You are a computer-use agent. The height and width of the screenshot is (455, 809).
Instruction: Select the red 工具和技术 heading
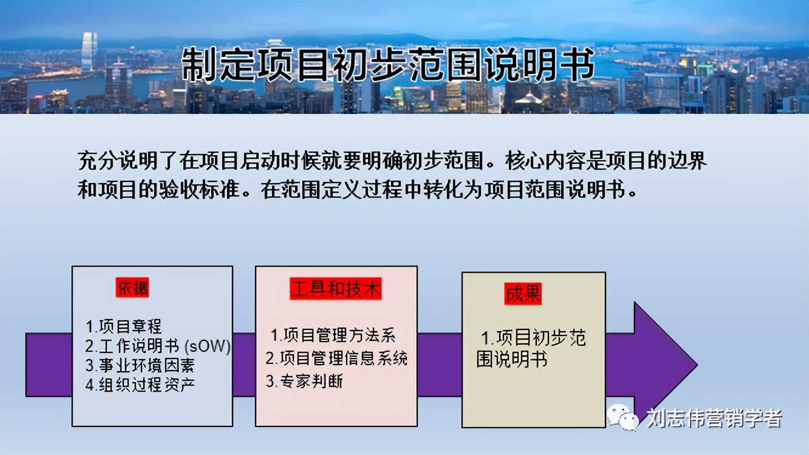[336, 289]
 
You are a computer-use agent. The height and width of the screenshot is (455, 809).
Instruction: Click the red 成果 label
[522, 294]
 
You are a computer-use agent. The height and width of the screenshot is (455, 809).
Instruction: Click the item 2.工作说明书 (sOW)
[158, 346]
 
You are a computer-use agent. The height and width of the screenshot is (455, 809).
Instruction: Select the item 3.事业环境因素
[140, 366]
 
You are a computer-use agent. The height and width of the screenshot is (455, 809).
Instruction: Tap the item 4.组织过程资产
[140, 385]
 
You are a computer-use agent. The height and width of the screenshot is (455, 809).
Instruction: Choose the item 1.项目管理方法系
[333, 335]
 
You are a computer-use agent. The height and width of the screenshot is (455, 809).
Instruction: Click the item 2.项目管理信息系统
[336, 358]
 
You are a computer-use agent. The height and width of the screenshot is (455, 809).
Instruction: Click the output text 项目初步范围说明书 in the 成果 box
[531, 348]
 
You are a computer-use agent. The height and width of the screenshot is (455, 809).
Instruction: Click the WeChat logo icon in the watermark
[623, 418]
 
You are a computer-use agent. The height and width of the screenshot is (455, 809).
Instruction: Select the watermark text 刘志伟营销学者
[714, 418]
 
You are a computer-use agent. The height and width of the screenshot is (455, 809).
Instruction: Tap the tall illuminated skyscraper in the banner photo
[89, 52]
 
